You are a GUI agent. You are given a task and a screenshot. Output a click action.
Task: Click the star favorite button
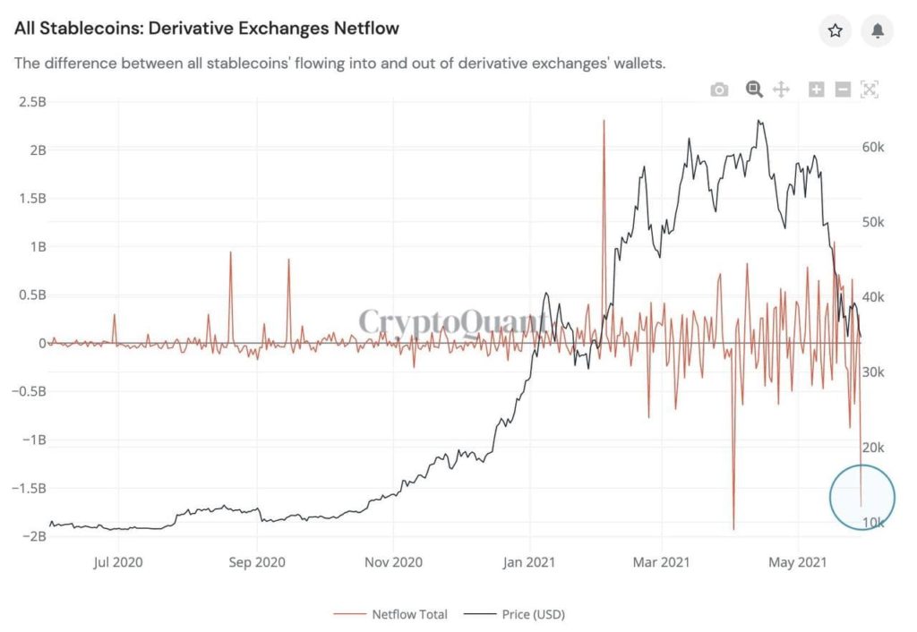click(836, 31)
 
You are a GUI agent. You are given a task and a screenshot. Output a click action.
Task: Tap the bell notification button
click(878, 31)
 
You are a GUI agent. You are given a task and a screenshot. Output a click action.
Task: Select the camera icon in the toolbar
click(719, 90)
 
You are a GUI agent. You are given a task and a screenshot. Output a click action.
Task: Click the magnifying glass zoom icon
click(754, 89)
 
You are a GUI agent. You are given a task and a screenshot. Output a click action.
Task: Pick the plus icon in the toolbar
click(816, 89)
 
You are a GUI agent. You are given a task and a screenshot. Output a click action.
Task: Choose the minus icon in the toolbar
click(843, 89)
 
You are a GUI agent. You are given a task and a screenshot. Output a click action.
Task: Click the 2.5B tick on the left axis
click(32, 101)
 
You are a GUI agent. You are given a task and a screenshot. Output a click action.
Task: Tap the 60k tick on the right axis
click(873, 147)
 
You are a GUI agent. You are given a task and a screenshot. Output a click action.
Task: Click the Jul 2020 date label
click(120, 562)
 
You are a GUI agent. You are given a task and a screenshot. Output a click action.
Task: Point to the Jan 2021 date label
click(530, 562)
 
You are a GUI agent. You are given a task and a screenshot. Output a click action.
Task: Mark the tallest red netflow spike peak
click(604, 122)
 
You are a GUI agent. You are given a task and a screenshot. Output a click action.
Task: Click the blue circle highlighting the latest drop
click(862, 496)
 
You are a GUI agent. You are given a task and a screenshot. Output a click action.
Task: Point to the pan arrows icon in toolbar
click(781, 89)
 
